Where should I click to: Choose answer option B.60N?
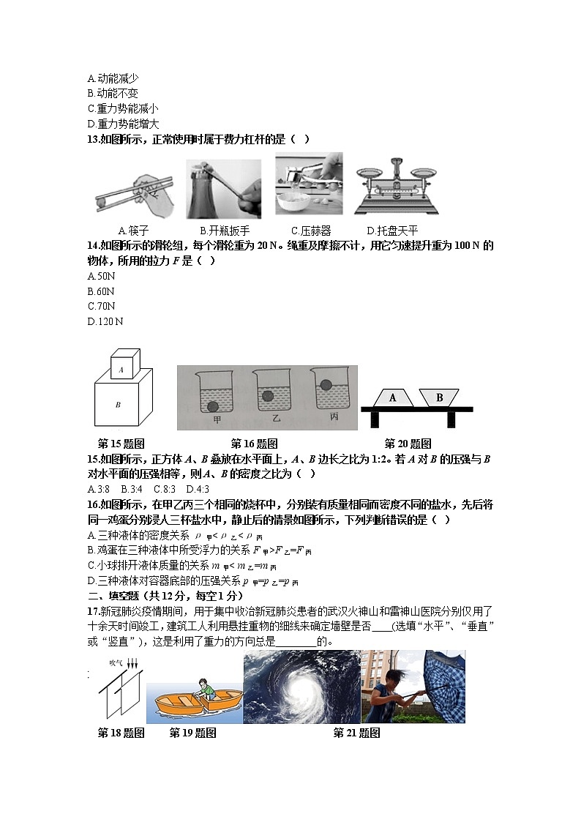pos(102,291)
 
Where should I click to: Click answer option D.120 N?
pos(105,321)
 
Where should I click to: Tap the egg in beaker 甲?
pos(213,407)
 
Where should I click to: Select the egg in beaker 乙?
pos(268,395)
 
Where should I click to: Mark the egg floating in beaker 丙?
pos(323,382)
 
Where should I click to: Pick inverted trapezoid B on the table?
pos(439,397)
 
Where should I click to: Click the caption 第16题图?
pos(254,444)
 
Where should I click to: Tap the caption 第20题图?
pos(408,444)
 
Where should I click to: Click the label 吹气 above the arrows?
pos(115,662)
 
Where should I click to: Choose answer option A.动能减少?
pos(113,78)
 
